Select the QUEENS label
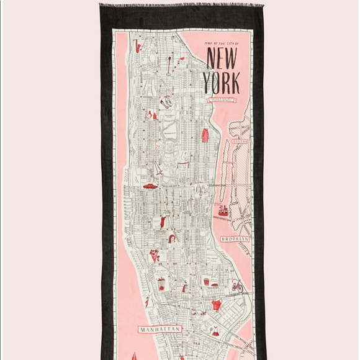pos(240,142)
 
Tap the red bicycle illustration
pos(236,286)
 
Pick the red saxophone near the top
pos(138,45)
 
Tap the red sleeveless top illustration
pos(216,305)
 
